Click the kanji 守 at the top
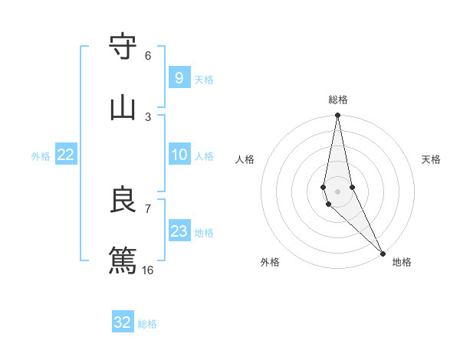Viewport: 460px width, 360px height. click(x=123, y=47)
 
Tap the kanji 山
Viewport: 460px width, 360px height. click(x=123, y=108)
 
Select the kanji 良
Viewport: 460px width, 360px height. click(x=123, y=200)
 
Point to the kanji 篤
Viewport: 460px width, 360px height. click(x=123, y=260)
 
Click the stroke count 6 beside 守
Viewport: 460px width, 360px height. click(x=148, y=56)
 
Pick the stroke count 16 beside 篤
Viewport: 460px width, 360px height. click(x=148, y=270)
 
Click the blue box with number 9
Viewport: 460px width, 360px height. click(x=179, y=78)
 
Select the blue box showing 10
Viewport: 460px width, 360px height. click(x=179, y=155)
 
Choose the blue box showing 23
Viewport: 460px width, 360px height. click(x=179, y=231)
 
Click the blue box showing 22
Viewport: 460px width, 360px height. click(x=66, y=155)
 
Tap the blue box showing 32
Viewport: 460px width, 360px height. click(x=123, y=322)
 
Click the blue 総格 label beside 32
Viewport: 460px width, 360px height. click(x=147, y=324)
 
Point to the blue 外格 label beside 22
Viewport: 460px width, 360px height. click(x=41, y=156)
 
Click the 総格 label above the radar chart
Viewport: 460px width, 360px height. click(x=338, y=100)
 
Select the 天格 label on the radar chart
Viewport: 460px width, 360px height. click(x=431, y=159)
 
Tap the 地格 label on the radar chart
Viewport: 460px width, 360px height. click(x=402, y=262)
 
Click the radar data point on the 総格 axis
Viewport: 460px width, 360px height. click(x=337, y=116)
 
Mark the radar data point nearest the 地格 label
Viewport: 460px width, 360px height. click(x=383, y=252)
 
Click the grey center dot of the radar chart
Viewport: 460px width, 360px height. click(x=337, y=191)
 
